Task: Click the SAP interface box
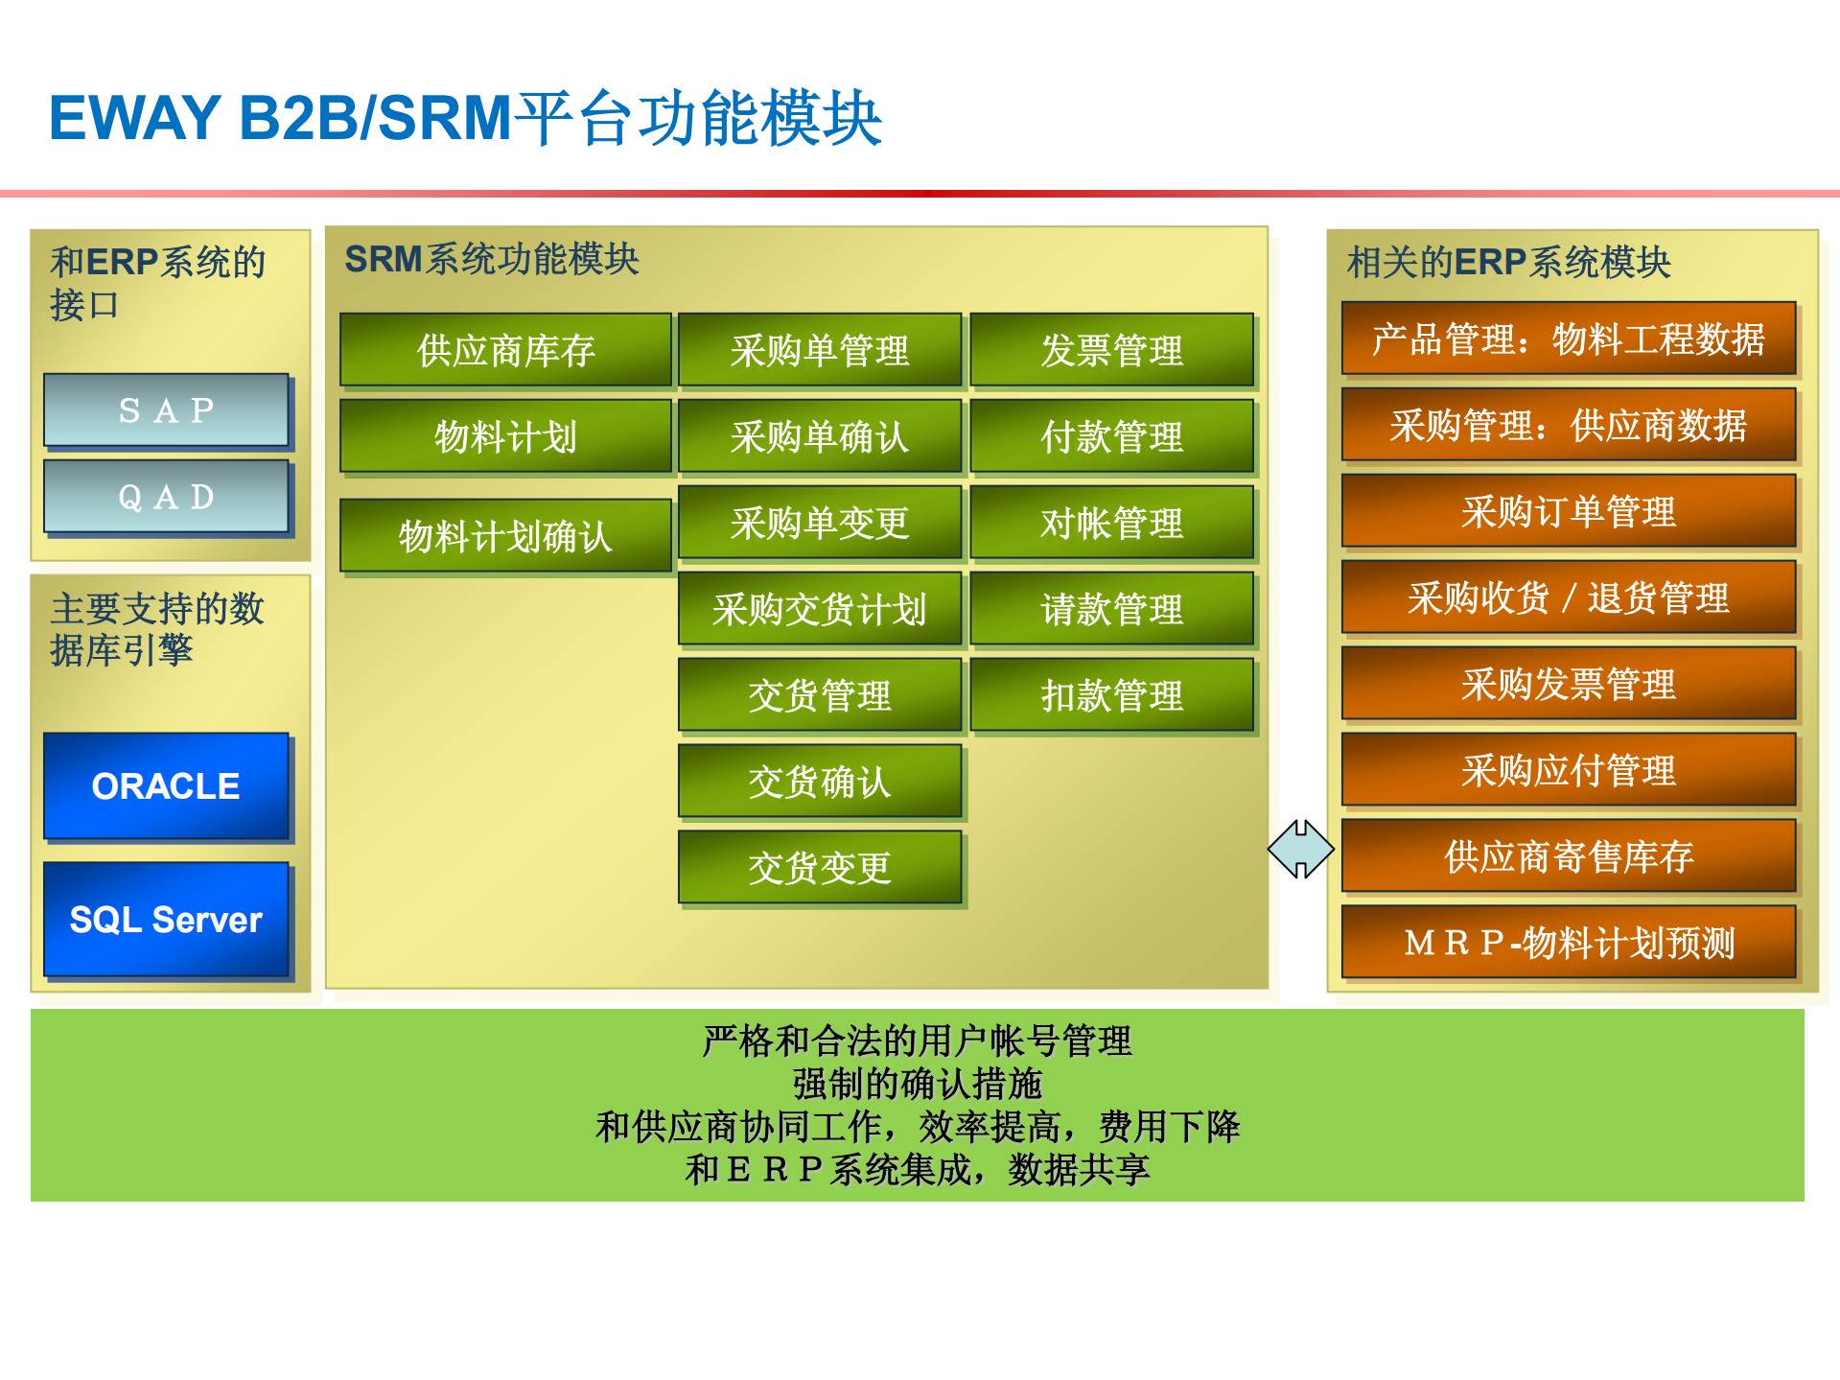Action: (x=166, y=410)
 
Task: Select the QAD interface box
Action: (x=166, y=497)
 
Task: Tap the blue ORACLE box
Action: (x=166, y=786)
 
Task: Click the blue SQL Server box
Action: (x=166, y=920)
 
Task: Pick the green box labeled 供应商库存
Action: (x=505, y=350)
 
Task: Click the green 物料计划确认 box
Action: (x=505, y=536)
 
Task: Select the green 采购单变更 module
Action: (x=819, y=523)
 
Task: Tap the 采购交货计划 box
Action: (x=819, y=609)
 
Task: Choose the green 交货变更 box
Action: (x=819, y=868)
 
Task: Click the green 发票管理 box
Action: (x=1111, y=350)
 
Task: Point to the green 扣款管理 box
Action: (x=1111, y=695)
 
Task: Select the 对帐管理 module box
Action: (x=1111, y=523)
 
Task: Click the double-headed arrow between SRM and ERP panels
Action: (x=1300, y=849)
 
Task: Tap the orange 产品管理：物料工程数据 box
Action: (x=1568, y=339)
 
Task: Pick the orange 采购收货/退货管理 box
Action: (x=1568, y=597)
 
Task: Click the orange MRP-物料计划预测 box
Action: (x=1568, y=943)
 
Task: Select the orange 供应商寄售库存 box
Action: (x=1568, y=856)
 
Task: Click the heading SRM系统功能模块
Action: (x=491, y=259)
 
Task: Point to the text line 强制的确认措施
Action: (x=917, y=1084)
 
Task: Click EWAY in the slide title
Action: (x=135, y=118)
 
